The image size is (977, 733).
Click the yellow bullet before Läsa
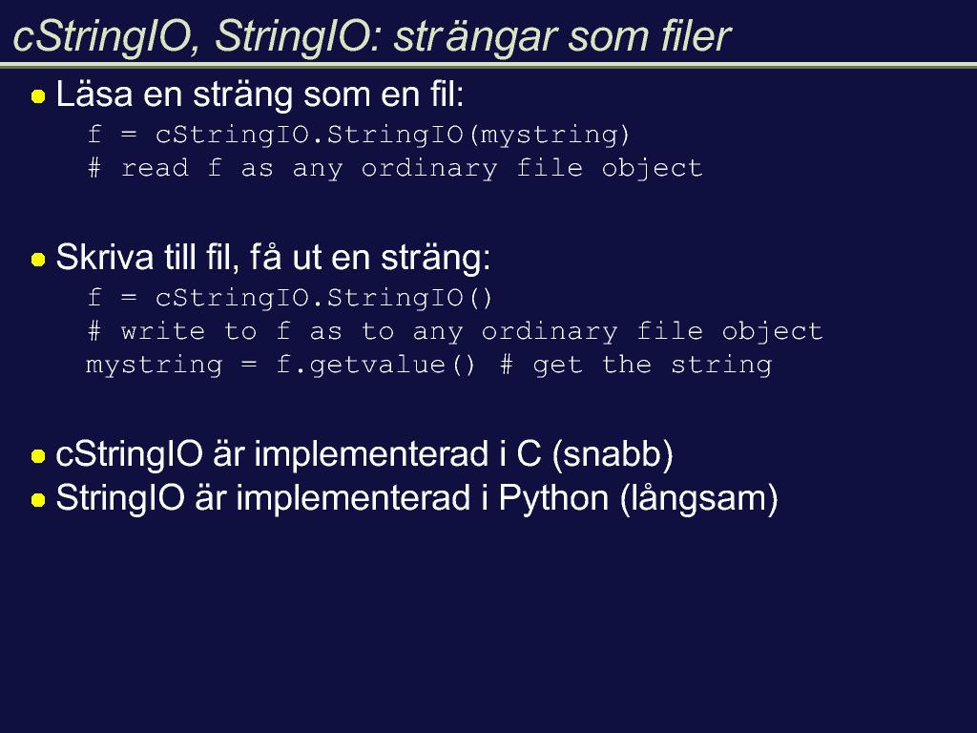[x=38, y=96]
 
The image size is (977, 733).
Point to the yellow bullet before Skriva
[x=38, y=260]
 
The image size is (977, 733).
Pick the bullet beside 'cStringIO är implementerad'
[x=38, y=456]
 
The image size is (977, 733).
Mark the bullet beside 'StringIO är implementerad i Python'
[x=38, y=500]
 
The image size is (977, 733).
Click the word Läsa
[x=94, y=94]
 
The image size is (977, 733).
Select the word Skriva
[x=105, y=257]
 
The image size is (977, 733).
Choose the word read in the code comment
[x=156, y=168]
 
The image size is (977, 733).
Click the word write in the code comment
[x=162, y=331]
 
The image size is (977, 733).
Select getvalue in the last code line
[x=378, y=366]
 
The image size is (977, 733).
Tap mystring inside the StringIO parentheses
[x=550, y=136]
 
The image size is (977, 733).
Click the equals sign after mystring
[x=249, y=365]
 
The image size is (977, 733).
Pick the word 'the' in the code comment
[x=627, y=364]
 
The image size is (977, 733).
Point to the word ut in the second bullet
[x=306, y=259]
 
